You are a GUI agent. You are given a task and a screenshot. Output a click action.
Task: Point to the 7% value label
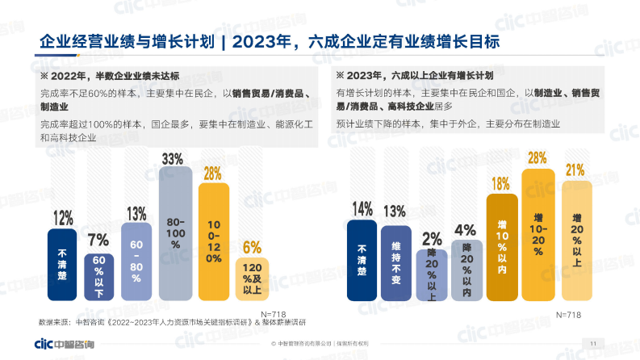(x=98, y=240)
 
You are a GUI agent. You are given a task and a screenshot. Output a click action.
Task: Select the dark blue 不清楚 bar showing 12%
(x=62, y=263)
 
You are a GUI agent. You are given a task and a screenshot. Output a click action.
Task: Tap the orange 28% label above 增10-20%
(x=538, y=157)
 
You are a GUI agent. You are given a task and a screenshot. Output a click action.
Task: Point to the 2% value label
(x=432, y=239)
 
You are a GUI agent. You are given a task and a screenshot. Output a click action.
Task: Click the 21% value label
(x=575, y=170)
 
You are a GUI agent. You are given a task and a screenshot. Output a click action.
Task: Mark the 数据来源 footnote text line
(x=169, y=323)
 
